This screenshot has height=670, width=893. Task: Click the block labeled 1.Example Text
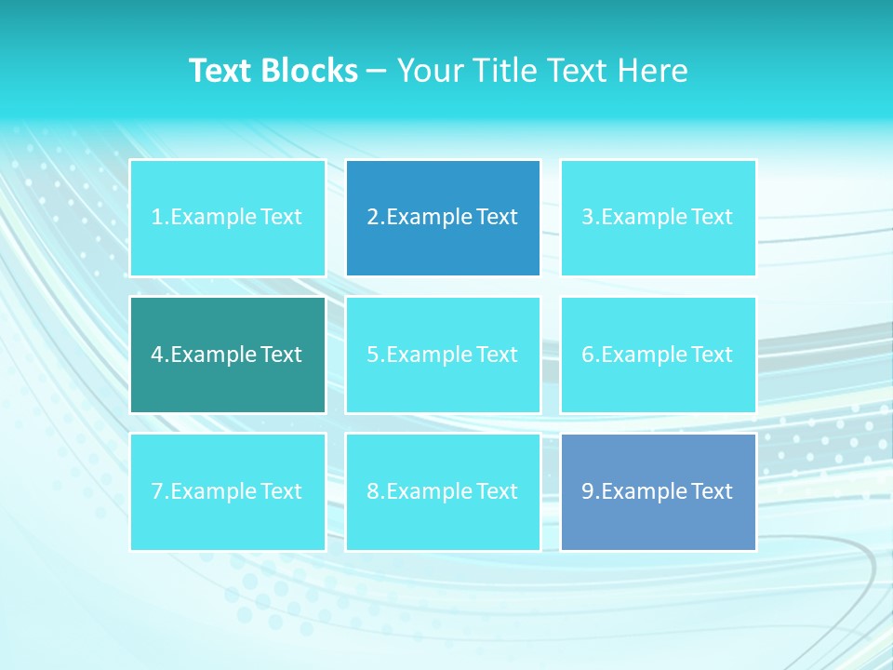click(x=227, y=218)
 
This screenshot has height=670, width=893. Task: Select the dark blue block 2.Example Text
click(x=443, y=218)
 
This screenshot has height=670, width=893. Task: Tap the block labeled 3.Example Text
click(x=658, y=218)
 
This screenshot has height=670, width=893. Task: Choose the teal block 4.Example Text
click(x=227, y=355)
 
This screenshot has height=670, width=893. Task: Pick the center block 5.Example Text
click(x=443, y=355)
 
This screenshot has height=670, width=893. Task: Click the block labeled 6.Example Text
click(x=658, y=355)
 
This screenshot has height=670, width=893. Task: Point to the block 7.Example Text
click(x=227, y=491)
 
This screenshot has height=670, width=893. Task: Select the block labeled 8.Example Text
click(x=443, y=491)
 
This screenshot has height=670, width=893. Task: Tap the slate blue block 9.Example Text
click(x=658, y=491)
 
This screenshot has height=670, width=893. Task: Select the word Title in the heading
click(x=503, y=71)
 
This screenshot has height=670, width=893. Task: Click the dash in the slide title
click(x=377, y=72)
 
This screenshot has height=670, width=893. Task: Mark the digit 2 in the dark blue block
click(x=373, y=218)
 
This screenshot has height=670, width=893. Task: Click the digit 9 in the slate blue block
click(x=588, y=491)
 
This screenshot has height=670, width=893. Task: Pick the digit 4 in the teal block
click(x=157, y=355)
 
